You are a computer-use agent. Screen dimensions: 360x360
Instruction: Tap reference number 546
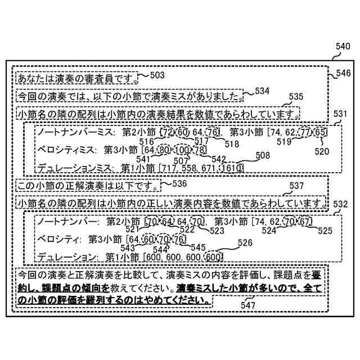(343, 73)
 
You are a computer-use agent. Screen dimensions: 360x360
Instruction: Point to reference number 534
(262, 91)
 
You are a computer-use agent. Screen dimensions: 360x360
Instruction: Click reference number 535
(296, 97)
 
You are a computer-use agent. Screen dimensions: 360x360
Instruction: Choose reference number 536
(179, 183)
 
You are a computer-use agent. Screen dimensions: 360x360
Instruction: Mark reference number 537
(296, 186)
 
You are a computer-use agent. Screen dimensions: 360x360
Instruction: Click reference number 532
(341, 204)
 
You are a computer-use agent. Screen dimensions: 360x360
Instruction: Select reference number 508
(262, 155)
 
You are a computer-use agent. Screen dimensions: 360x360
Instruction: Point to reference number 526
(245, 243)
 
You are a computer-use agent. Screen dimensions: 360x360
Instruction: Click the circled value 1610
(232, 168)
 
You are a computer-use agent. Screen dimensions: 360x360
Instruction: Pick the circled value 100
(183, 150)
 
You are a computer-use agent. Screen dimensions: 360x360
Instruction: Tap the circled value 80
(164, 150)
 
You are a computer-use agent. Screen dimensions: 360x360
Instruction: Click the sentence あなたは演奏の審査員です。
(76, 77)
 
